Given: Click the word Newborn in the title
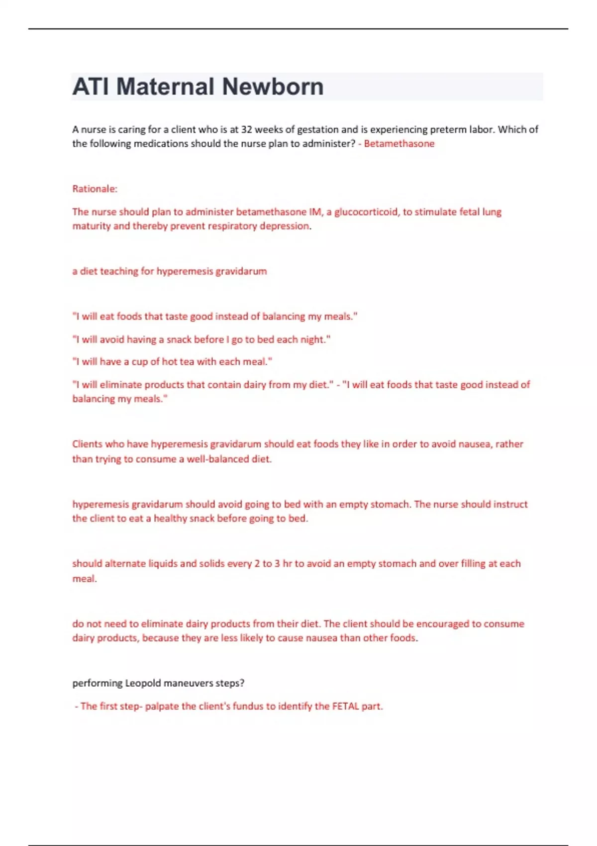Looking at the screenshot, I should [x=273, y=87].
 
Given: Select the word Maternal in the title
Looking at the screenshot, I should [x=166, y=87].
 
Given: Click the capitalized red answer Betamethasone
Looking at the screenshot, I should [x=399, y=144].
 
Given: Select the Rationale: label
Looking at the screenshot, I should [x=95, y=189].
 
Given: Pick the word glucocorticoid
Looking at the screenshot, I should [x=366, y=212].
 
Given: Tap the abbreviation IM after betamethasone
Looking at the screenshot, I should [x=315, y=212].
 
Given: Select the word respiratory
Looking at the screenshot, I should [x=228, y=226].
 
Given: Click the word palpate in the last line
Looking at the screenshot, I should [x=162, y=706].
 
